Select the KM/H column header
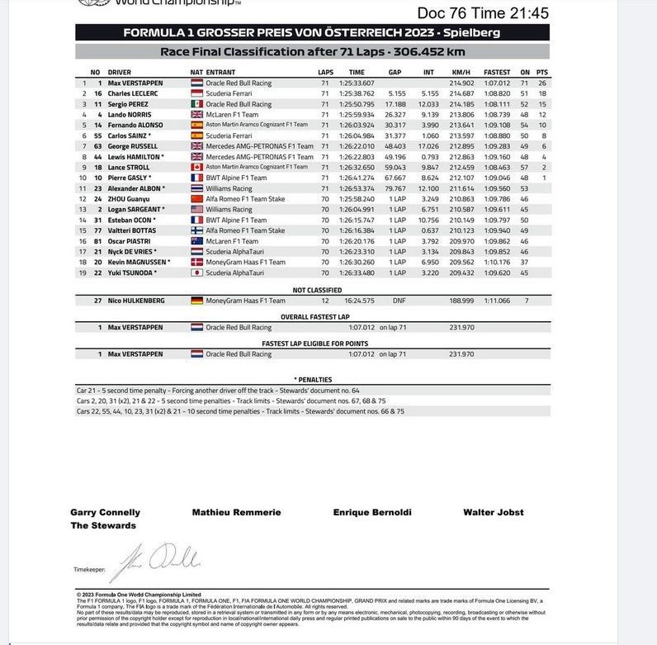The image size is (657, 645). (x=460, y=73)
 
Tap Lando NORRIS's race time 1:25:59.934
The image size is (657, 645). (x=357, y=115)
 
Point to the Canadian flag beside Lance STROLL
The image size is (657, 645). (x=196, y=167)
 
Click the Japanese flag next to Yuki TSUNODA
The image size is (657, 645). (x=196, y=272)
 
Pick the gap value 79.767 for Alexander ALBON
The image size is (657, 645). (x=394, y=188)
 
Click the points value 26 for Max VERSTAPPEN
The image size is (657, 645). (x=541, y=83)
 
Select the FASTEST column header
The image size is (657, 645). (x=497, y=73)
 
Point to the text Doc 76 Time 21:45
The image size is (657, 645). (x=482, y=12)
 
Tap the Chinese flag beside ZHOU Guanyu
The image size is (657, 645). (x=196, y=199)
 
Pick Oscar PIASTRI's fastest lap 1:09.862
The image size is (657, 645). (x=497, y=240)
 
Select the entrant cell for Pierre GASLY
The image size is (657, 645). (x=236, y=178)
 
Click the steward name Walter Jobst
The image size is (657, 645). (x=493, y=512)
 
